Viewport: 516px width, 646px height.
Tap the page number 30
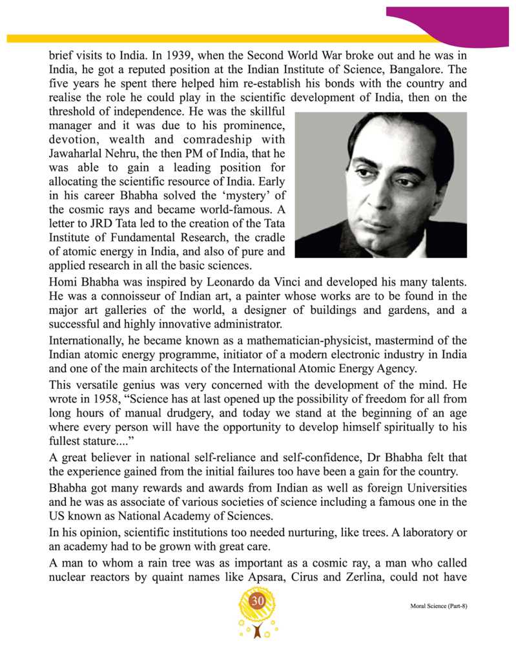[x=258, y=601]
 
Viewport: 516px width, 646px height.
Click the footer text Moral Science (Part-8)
[x=439, y=608]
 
